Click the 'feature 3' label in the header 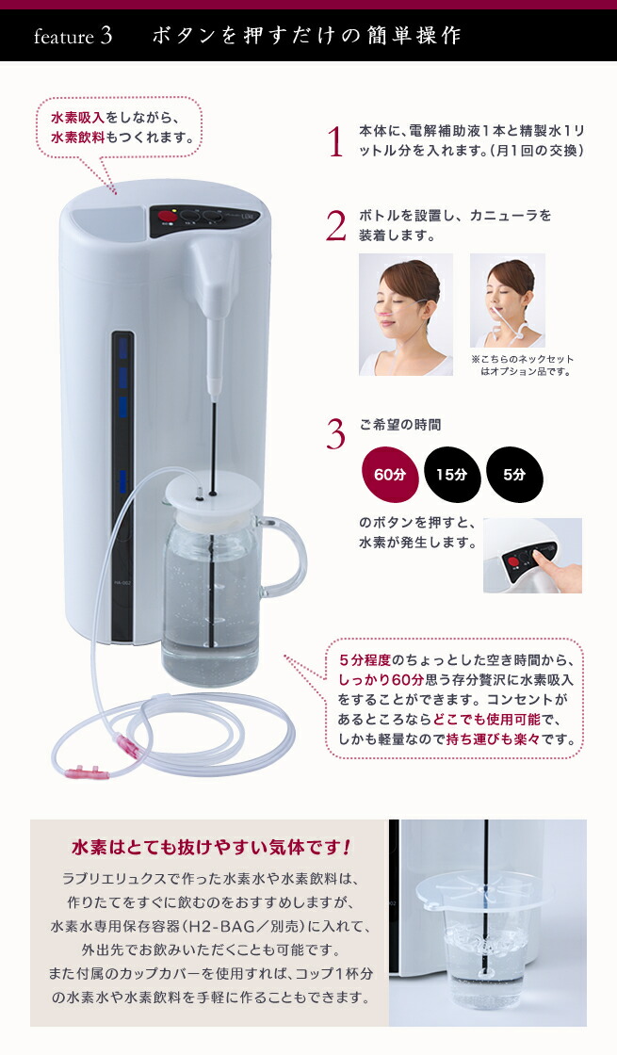point(73,37)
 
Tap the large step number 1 point(334,142)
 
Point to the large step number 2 point(335,226)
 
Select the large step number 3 point(335,433)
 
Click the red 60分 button point(388,475)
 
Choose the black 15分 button point(451,475)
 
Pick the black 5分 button point(513,475)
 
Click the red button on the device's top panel point(170,215)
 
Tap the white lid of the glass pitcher point(212,495)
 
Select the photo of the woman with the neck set point(507,300)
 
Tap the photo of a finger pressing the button point(532,555)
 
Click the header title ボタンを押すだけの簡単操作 point(306,37)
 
